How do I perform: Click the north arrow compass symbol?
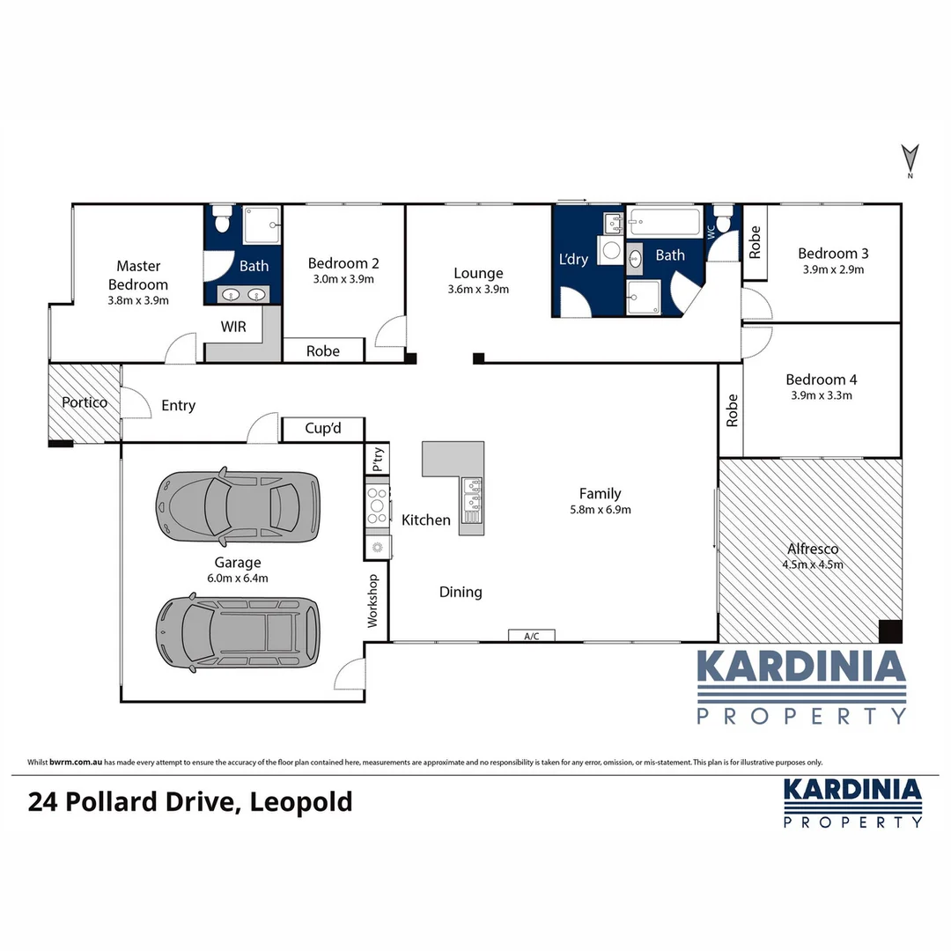pyautogui.click(x=910, y=159)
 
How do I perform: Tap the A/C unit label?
pyautogui.click(x=531, y=636)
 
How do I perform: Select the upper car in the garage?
pyautogui.click(x=237, y=505)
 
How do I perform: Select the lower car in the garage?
pyautogui.click(x=238, y=630)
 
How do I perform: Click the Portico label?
pyautogui.click(x=85, y=402)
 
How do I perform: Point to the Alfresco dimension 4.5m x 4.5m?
pyautogui.click(x=813, y=564)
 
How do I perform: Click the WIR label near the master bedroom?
pyautogui.click(x=233, y=327)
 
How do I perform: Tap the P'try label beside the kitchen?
pyautogui.click(x=378, y=459)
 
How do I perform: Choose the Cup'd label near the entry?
pyautogui.click(x=322, y=429)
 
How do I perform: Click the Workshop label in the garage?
pyautogui.click(x=372, y=601)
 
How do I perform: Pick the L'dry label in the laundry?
pyautogui.click(x=573, y=259)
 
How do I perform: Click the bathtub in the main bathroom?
pyautogui.click(x=667, y=222)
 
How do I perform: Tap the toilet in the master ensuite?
pyautogui.click(x=221, y=220)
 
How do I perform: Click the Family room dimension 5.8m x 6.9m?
pyautogui.click(x=600, y=509)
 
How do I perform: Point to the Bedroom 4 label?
pyautogui.click(x=821, y=380)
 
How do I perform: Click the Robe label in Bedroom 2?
pyautogui.click(x=322, y=350)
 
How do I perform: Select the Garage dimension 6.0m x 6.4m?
pyautogui.click(x=237, y=579)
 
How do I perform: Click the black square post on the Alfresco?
pyautogui.click(x=890, y=630)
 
